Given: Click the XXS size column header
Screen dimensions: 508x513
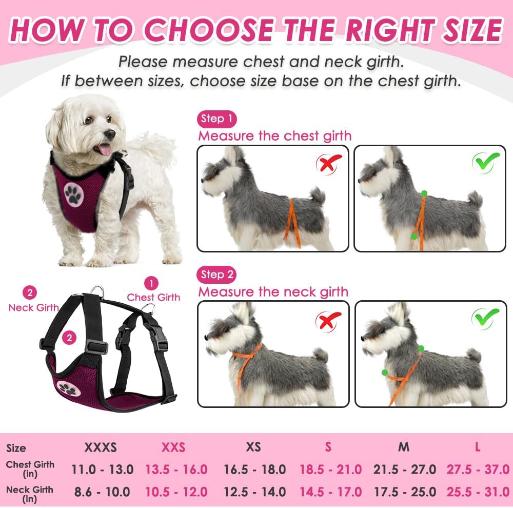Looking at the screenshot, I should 173,447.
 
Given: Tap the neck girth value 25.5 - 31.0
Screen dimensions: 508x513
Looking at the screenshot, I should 477,492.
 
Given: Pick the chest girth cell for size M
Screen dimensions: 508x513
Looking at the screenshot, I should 404,469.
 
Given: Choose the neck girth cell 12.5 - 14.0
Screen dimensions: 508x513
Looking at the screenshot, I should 254,492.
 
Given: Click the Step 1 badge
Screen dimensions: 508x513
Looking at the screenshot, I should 216,119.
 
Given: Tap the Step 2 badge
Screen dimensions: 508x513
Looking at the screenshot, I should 216,275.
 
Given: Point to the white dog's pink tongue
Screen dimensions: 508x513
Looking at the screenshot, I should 105,149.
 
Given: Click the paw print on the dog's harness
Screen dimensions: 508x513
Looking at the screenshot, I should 74,193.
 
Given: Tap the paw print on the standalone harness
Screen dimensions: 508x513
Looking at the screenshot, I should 67,388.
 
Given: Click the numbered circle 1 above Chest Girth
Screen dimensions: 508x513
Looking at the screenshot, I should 151,283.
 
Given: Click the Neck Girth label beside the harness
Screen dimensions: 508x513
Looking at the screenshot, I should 33,307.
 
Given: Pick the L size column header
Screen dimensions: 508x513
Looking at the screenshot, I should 478,447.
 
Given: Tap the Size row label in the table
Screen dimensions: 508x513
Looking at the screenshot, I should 16,448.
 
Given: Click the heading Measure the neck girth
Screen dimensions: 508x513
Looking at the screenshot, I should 273,292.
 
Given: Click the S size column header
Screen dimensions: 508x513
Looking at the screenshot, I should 328,447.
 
